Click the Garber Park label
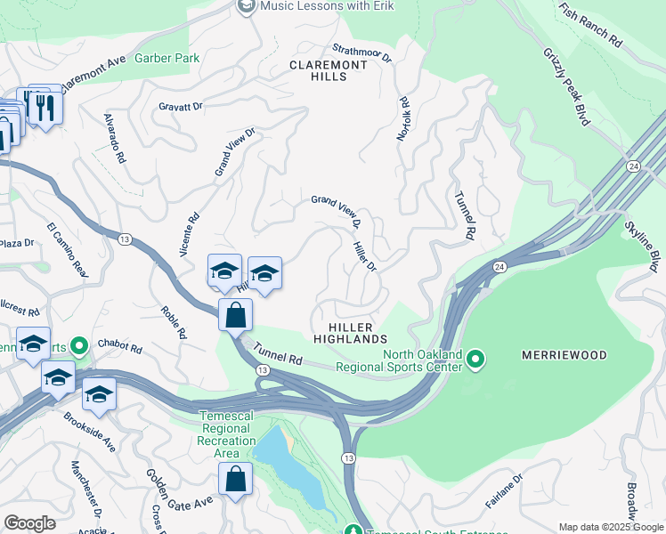(166, 58)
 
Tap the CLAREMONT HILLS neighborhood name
(328, 71)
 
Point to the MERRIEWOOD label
(564, 355)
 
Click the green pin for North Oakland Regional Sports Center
(475, 360)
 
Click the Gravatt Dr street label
(181, 106)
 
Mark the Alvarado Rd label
(114, 138)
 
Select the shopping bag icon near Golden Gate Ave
(236, 480)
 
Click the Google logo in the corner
(29, 522)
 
